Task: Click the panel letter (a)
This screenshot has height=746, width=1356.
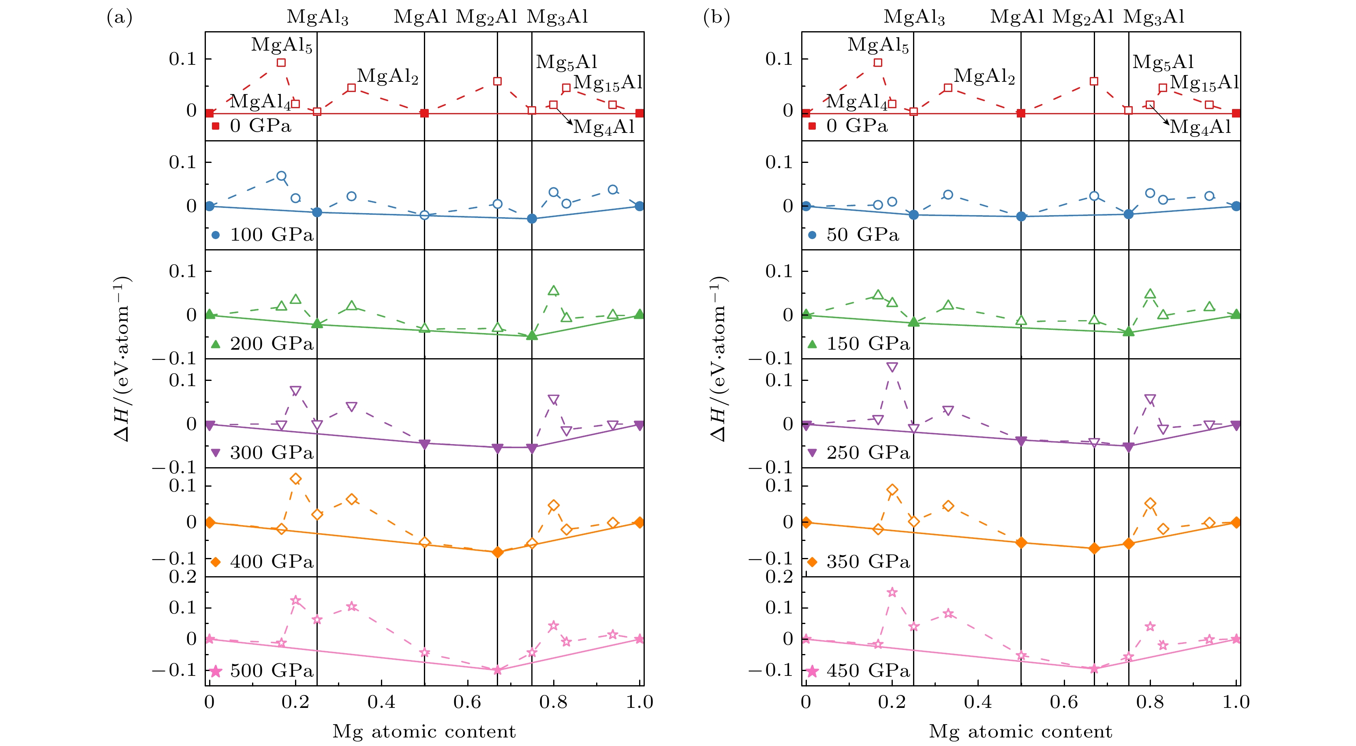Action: click(120, 17)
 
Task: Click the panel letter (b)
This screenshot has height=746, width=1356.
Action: click(716, 17)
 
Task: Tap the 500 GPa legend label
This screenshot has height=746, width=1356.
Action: click(272, 671)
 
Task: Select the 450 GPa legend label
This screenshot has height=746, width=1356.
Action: click(868, 671)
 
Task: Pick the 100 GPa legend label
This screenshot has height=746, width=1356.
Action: click(272, 235)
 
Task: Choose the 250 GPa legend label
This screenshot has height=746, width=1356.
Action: click(868, 453)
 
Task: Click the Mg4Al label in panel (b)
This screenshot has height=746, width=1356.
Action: click(1200, 127)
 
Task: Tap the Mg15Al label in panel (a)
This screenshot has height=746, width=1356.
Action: click(608, 83)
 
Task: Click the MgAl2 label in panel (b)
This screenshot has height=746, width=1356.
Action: click(984, 76)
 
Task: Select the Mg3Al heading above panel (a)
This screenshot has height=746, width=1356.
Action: click(557, 17)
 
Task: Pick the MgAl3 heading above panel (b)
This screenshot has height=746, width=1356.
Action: click(914, 17)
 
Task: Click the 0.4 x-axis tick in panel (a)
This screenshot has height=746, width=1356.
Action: click(381, 702)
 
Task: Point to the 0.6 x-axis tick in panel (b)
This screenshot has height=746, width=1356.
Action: click(1064, 702)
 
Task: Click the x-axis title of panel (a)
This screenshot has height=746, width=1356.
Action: click(424, 732)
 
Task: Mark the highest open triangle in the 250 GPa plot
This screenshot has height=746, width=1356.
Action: click(892, 367)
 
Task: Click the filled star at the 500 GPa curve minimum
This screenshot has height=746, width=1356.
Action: click(497, 670)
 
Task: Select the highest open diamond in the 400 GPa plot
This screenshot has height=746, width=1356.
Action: click(295, 479)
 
